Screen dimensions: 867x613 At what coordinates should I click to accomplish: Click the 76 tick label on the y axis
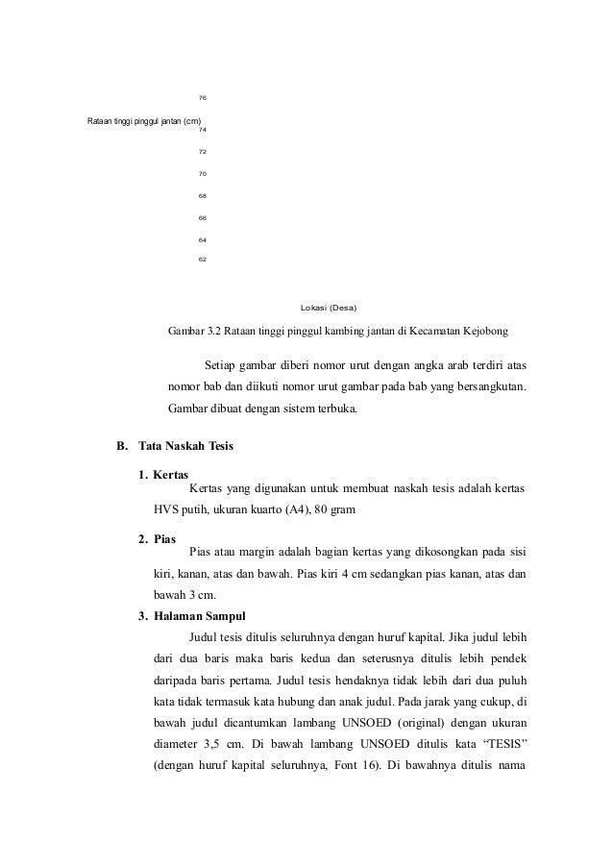click(202, 98)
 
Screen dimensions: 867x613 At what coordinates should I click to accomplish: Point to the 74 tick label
click(202, 129)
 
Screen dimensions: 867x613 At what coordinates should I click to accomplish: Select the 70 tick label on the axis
click(202, 173)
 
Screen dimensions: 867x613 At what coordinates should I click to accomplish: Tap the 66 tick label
click(202, 217)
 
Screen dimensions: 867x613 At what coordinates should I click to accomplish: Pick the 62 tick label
click(202, 260)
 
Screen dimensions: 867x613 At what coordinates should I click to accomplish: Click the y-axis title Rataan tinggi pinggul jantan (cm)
click(143, 121)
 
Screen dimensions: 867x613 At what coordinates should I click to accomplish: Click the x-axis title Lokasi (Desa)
click(328, 308)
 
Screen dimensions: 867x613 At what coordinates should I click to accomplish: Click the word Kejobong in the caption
click(485, 332)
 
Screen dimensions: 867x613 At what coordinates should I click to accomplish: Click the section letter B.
click(121, 447)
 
